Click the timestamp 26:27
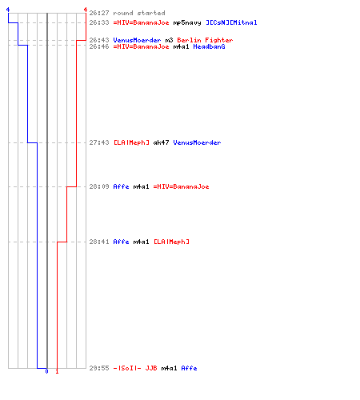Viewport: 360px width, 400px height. click(99, 13)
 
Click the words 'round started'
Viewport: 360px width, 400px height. click(139, 13)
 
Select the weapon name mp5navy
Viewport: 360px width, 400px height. click(187, 23)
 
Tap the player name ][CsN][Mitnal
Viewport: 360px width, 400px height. click(231, 22)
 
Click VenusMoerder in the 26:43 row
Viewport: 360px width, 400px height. click(137, 40)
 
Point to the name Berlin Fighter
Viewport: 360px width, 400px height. click(205, 40)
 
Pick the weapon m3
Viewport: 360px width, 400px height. click(170, 40)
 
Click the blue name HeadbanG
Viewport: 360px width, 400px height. click(209, 46)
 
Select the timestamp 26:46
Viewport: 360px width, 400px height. click(99, 46)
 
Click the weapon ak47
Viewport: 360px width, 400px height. click(161, 142)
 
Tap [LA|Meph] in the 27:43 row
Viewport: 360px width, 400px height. click(131, 142)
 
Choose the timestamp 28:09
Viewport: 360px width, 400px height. click(99, 186)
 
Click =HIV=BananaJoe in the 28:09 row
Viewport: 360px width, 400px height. click(181, 186)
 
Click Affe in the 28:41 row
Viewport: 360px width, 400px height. click(121, 242)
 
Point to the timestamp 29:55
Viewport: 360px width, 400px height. click(99, 368)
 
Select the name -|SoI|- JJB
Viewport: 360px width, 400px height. click(135, 368)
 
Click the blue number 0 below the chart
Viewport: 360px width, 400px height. click(46, 371)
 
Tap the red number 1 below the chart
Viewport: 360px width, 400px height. click(57, 371)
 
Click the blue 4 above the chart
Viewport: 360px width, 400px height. click(8, 10)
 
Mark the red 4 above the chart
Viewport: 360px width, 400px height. click(86, 10)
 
